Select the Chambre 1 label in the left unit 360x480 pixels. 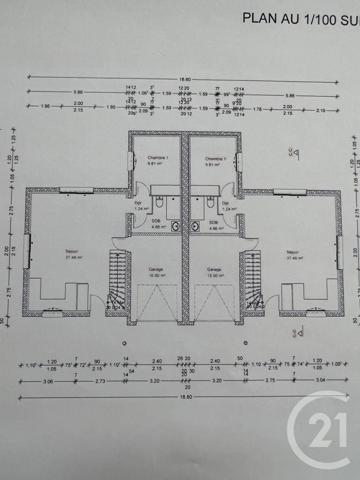coord(154,159)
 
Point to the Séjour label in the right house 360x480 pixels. coord(294,252)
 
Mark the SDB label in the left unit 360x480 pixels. coord(157,224)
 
